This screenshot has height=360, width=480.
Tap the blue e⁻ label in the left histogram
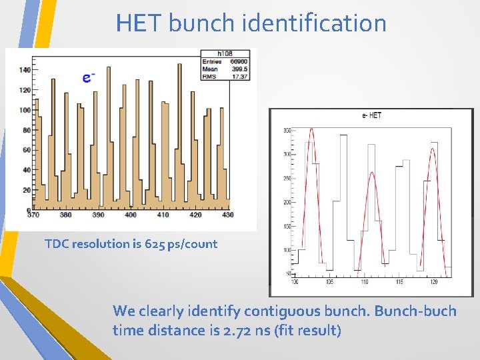pyautogui.click(x=87, y=78)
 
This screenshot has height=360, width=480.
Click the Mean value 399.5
pyautogui.click(x=239, y=69)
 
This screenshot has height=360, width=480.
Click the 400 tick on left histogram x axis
pyautogui.click(x=131, y=215)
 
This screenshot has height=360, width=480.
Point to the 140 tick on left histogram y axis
pyautogui.click(x=25, y=70)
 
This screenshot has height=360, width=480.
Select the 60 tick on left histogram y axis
pyautogui.click(x=27, y=150)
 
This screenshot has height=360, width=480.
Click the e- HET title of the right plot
pyautogui.click(x=371, y=116)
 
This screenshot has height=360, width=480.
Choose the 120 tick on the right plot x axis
pyautogui.click(x=433, y=283)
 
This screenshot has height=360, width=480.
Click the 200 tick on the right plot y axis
pyautogui.click(x=287, y=202)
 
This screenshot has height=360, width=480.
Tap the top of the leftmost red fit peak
pyautogui.click(x=311, y=129)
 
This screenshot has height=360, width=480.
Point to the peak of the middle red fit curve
pyautogui.click(x=372, y=173)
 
